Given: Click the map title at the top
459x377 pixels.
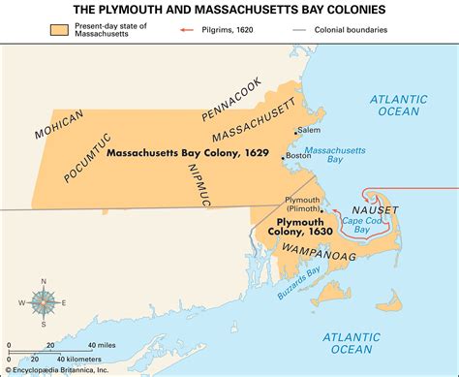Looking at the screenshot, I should point(229,10).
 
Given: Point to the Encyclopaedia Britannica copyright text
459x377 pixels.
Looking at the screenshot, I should point(63,369).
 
